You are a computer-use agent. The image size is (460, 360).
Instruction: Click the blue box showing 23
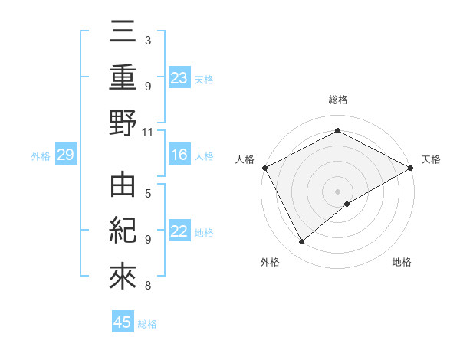179,77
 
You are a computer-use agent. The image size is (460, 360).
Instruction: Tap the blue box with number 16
179,155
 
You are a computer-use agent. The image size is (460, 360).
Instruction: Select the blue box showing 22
179,232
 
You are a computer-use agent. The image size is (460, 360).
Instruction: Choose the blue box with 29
65,155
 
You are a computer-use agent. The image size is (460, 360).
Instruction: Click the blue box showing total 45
123,322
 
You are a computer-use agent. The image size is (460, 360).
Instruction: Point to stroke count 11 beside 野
148,132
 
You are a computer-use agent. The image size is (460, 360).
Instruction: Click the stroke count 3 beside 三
147,39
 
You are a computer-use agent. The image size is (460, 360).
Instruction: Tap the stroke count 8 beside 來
147,286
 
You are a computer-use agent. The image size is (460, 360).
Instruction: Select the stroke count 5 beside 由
147,192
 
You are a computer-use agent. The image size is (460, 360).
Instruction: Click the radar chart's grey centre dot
337,191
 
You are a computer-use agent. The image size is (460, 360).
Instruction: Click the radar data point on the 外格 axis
302,242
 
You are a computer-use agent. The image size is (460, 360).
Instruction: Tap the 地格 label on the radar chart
402,262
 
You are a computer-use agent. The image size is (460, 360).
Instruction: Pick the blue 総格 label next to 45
147,324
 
